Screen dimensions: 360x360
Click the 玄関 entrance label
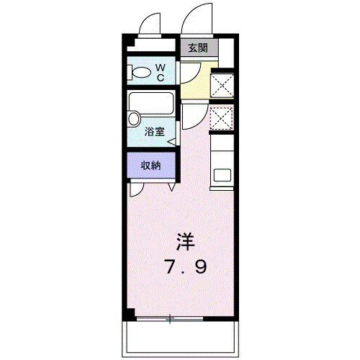pyautogui.click(x=198, y=48)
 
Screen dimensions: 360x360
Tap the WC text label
pyautogui.click(x=161, y=72)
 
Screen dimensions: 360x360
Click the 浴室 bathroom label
pyautogui.click(x=153, y=132)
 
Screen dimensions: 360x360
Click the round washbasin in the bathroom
pyautogui.click(x=134, y=119)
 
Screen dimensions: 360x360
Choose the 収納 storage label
pyautogui.click(x=150, y=165)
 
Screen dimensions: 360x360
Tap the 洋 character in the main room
pyautogui.click(x=187, y=243)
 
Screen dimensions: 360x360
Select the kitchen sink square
pyautogui.click(x=222, y=175)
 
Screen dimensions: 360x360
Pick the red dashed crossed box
pyautogui.click(x=220, y=118)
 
